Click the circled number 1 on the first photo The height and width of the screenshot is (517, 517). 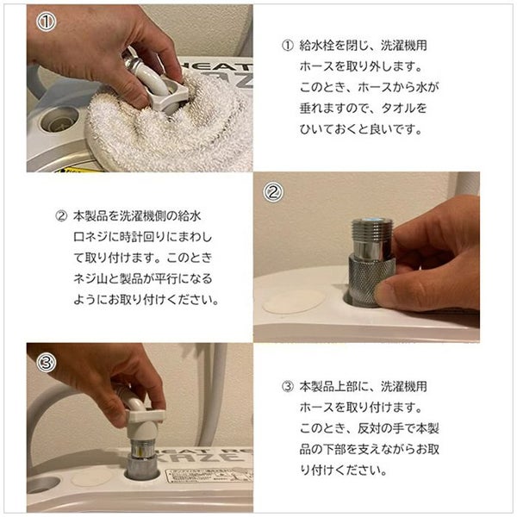[47, 22]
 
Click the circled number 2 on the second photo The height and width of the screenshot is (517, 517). [272, 192]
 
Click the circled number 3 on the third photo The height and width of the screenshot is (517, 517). [47, 363]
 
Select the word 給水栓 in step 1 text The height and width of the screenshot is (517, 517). [316, 46]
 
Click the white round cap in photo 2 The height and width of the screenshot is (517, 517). [294, 302]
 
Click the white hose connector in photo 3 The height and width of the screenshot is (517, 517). [143, 417]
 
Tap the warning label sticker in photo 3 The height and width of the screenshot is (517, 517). [209, 475]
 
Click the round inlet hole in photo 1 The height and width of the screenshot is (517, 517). [59, 121]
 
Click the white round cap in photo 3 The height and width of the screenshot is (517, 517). [91, 477]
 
